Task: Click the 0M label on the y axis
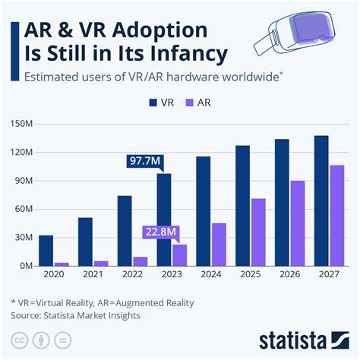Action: (x=26, y=266)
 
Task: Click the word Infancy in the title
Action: (x=183, y=53)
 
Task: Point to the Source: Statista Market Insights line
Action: (x=76, y=314)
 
